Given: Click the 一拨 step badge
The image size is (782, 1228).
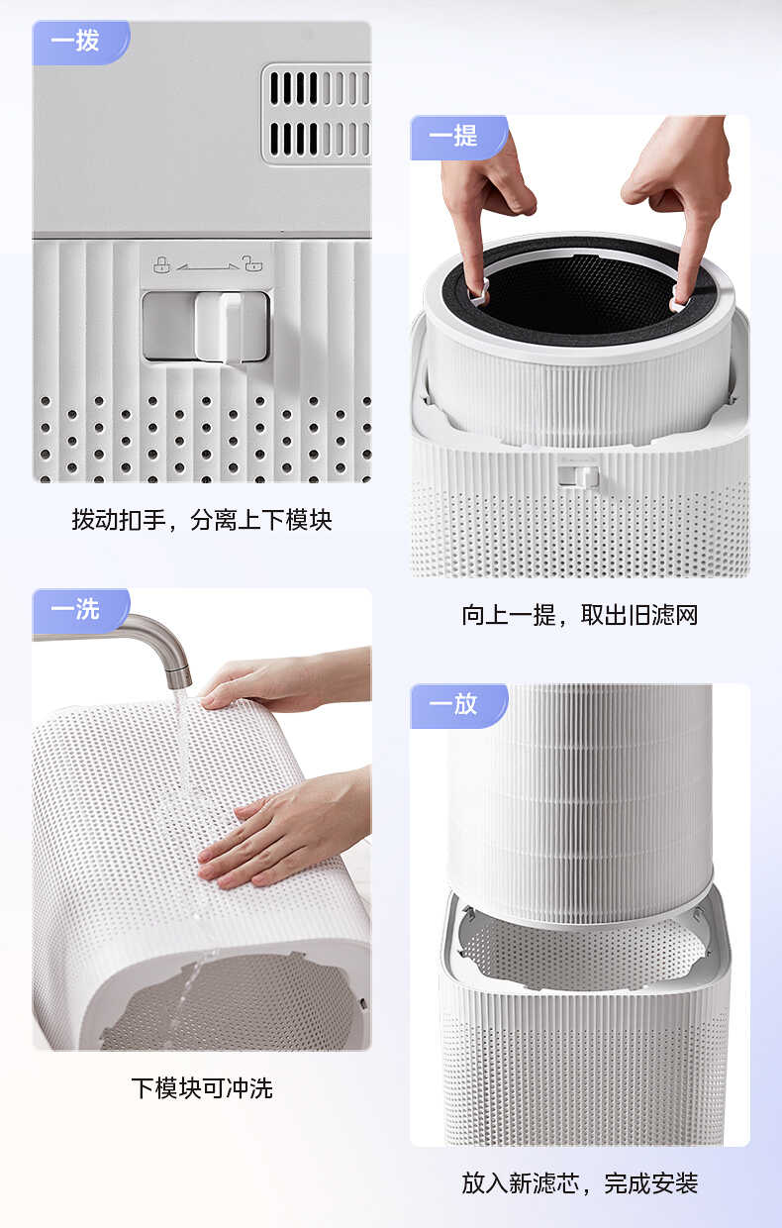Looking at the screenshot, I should (x=77, y=43).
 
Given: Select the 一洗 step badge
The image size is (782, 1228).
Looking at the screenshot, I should (x=77, y=610).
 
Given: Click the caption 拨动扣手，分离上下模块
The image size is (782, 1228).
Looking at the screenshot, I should (x=202, y=519).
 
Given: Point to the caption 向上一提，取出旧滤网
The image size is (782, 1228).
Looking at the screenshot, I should (x=580, y=615).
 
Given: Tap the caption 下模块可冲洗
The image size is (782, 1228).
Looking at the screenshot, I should (x=202, y=1088).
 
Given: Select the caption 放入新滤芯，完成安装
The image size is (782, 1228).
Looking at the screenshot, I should (x=580, y=1182).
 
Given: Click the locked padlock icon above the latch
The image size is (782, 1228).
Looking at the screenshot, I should (x=161, y=264).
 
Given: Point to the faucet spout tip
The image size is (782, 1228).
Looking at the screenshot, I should (x=178, y=678).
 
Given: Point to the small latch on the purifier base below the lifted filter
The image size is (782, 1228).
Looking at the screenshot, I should (x=577, y=476).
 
